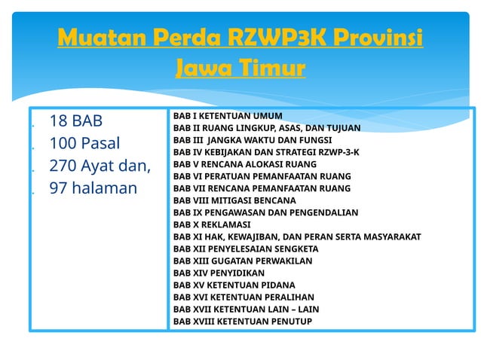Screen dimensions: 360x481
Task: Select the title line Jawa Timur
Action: (x=240, y=69)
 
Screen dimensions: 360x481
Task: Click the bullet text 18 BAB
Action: (x=75, y=121)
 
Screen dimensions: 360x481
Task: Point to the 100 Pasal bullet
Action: (x=84, y=143)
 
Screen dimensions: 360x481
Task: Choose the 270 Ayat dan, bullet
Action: (x=100, y=166)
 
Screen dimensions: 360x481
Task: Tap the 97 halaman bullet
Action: (x=93, y=188)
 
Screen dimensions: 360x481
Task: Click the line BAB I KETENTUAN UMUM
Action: (x=228, y=116)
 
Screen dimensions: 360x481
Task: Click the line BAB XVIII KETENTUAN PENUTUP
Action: (x=242, y=321)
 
